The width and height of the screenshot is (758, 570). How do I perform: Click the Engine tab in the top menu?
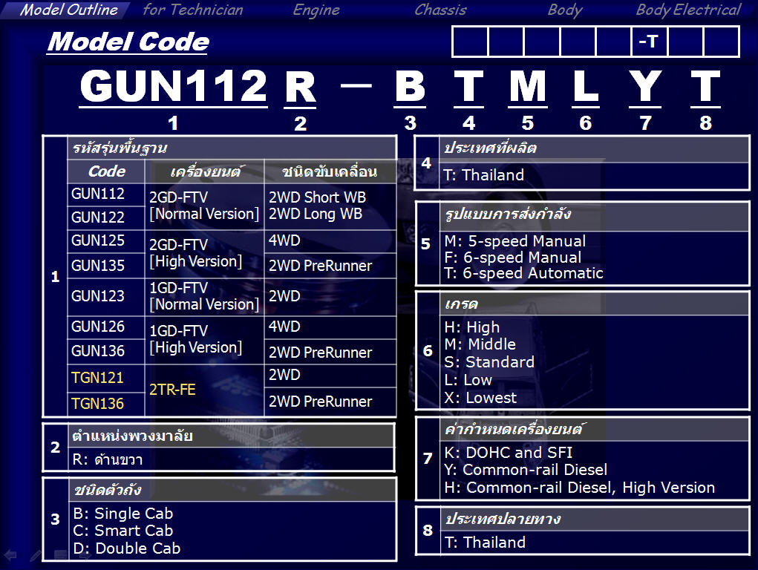click(x=316, y=10)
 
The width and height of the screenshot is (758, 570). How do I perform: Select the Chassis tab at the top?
click(x=440, y=10)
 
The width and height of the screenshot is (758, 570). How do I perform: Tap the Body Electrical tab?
click(x=688, y=10)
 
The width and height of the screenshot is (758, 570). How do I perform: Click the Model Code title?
click(x=128, y=42)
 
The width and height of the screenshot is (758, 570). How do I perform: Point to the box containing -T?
click(x=649, y=42)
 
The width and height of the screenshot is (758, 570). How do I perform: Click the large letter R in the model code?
click(x=300, y=87)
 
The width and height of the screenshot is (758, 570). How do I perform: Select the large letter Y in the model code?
click(x=645, y=86)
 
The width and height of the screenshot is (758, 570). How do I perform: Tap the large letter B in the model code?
click(x=410, y=86)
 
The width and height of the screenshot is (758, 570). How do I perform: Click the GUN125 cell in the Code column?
click(x=98, y=240)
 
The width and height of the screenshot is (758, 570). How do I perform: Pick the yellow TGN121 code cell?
click(x=98, y=377)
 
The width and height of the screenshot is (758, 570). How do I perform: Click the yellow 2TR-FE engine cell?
click(x=172, y=390)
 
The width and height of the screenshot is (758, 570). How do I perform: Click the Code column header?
click(x=106, y=171)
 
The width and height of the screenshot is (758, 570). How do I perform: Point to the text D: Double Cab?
click(x=127, y=548)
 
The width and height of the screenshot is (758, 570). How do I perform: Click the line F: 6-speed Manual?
click(x=513, y=258)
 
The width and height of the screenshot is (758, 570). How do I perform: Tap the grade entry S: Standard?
click(x=489, y=361)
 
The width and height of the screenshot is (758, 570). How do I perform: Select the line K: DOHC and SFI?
click(x=508, y=453)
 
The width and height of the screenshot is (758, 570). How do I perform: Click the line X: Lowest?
click(x=480, y=398)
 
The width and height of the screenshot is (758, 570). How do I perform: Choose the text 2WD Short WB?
click(x=317, y=197)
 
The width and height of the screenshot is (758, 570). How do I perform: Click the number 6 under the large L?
click(x=586, y=122)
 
